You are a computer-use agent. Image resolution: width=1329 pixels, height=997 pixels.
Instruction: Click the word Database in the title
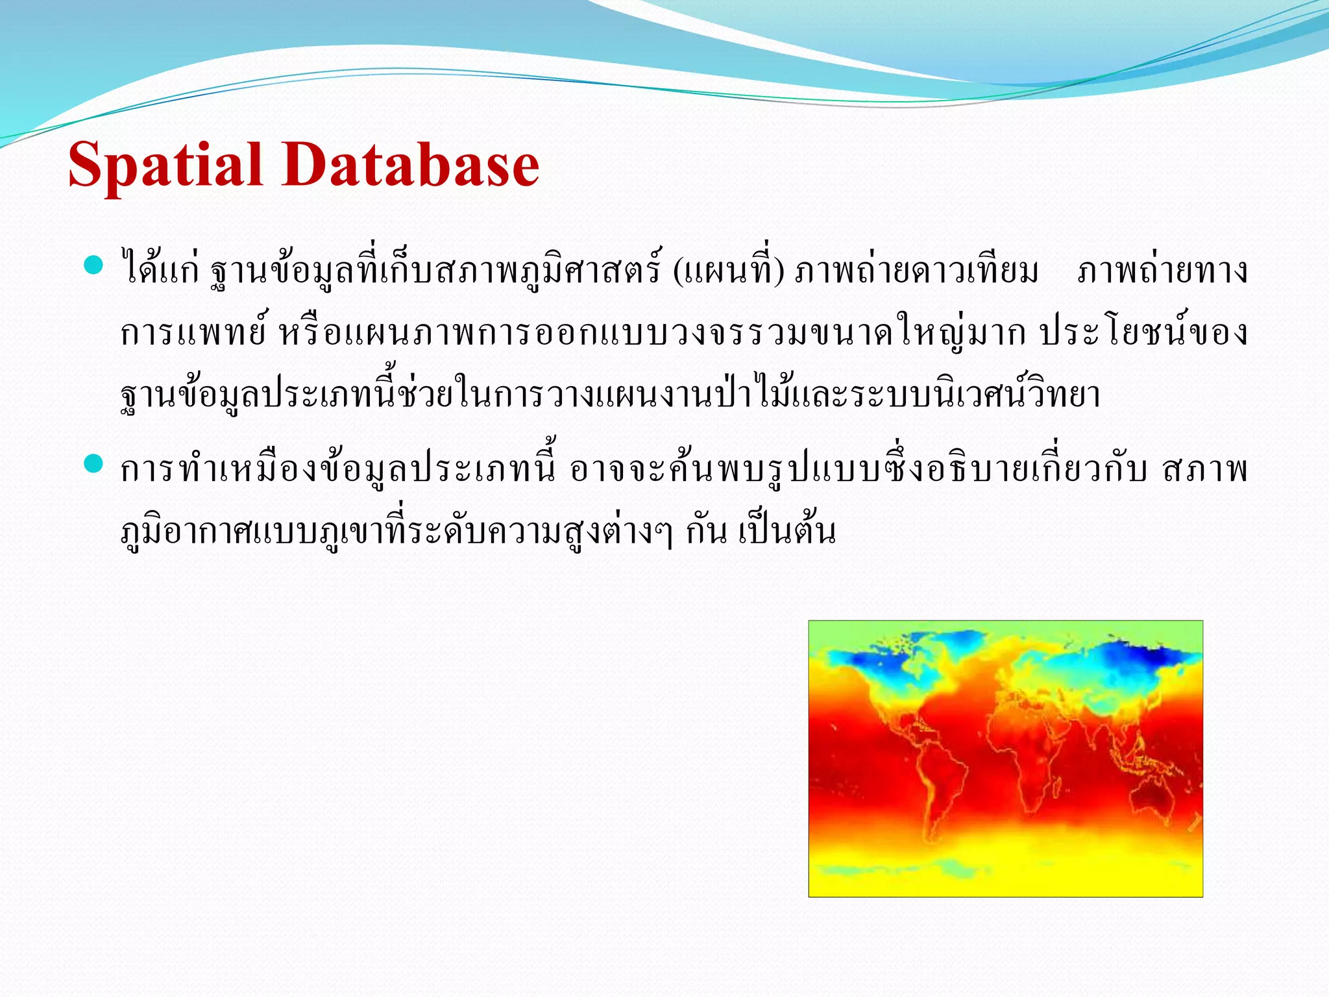coord(410,166)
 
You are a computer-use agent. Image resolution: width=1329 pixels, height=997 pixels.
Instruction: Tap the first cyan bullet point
coord(94,265)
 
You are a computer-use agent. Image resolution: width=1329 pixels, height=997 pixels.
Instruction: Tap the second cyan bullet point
coord(94,463)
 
